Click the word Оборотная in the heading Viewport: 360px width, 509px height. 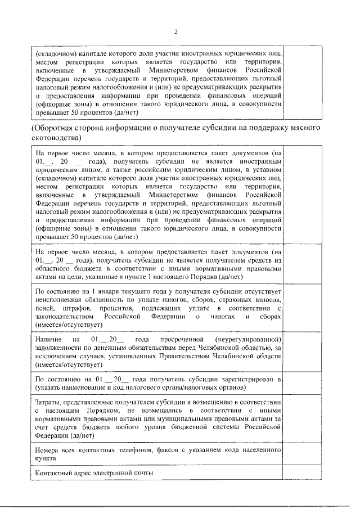pos(57,129)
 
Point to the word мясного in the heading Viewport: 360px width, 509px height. pos(304,129)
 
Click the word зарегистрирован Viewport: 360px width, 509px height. pos(247,380)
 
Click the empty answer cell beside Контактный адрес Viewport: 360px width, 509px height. pos(304,473)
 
